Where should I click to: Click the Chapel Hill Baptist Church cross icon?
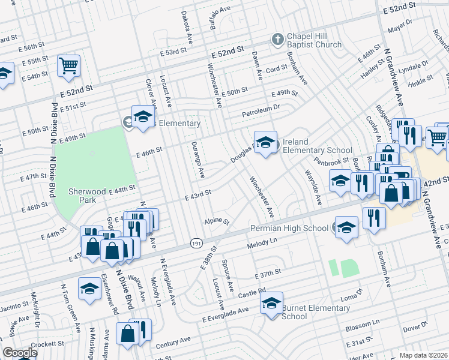[x=277, y=40]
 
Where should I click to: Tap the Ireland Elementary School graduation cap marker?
[x=265, y=142]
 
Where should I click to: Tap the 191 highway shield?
[x=196, y=243]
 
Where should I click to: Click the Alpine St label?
[x=217, y=221]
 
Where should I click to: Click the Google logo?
[x=19, y=353]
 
